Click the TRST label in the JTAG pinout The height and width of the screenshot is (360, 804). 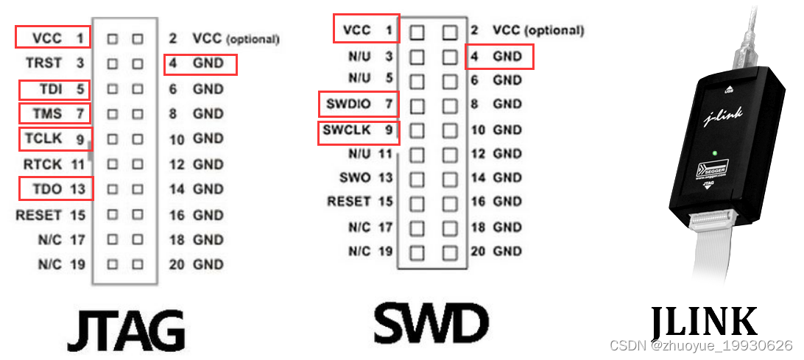[x=44, y=63]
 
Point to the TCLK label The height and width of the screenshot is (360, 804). [x=43, y=138]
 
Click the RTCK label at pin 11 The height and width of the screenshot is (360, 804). [x=43, y=163]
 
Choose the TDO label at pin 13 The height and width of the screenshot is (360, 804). [x=47, y=188]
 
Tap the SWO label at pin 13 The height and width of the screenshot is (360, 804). [x=356, y=177]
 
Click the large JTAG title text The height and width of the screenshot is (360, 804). [x=126, y=330]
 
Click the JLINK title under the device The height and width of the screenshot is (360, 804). [x=704, y=322]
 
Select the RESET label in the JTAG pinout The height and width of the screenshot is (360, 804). [x=39, y=215]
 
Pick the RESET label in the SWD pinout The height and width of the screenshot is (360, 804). [x=350, y=201]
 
